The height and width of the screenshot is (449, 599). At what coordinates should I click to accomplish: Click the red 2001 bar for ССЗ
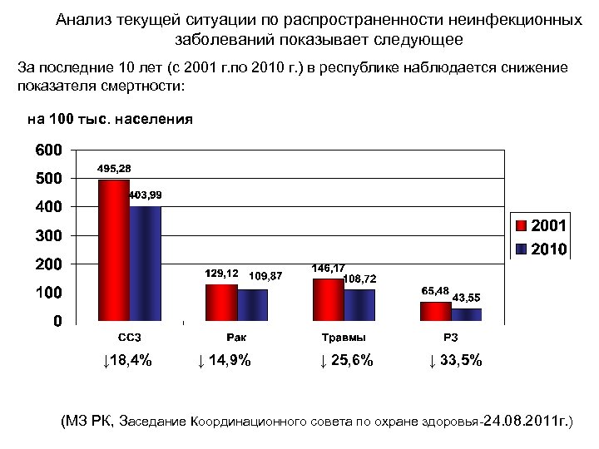click(113, 250)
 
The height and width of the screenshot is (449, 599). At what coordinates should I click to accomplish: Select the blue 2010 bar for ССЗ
click(145, 264)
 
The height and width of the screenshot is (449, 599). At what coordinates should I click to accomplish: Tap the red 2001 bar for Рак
click(221, 303)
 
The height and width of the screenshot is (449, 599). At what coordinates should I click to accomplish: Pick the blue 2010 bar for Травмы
click(360, 305)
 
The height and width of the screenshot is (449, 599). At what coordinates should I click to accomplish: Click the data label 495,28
click(114, 169)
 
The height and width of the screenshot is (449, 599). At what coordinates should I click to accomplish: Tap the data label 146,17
click(328, 269)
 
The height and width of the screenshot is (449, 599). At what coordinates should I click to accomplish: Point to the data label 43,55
click(466, 297)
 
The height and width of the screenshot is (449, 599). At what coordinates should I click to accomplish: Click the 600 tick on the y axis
click(46, 150)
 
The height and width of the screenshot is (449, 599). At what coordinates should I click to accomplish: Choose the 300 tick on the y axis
click(46, 236)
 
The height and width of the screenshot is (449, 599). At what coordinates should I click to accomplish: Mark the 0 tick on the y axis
click(56, 322)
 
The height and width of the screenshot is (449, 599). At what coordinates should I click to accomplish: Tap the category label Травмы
click(344, 338)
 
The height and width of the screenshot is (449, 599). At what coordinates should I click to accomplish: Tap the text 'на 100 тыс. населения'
click(110, 119)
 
